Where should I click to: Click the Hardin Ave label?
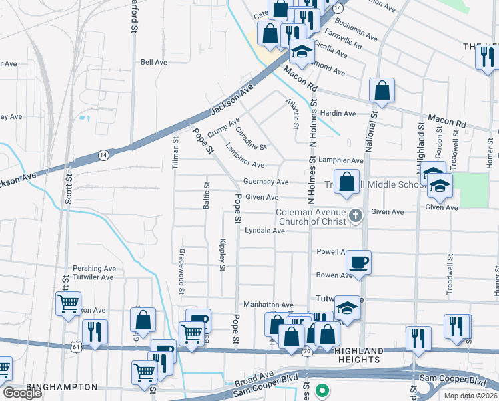(338, 114)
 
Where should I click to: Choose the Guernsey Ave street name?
(266, 182)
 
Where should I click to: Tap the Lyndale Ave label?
(265, 231)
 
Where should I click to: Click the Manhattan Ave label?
(268, 305)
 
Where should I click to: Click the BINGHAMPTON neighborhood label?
(62, 387)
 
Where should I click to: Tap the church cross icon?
(356, 216)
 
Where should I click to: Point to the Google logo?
(22, 393)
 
